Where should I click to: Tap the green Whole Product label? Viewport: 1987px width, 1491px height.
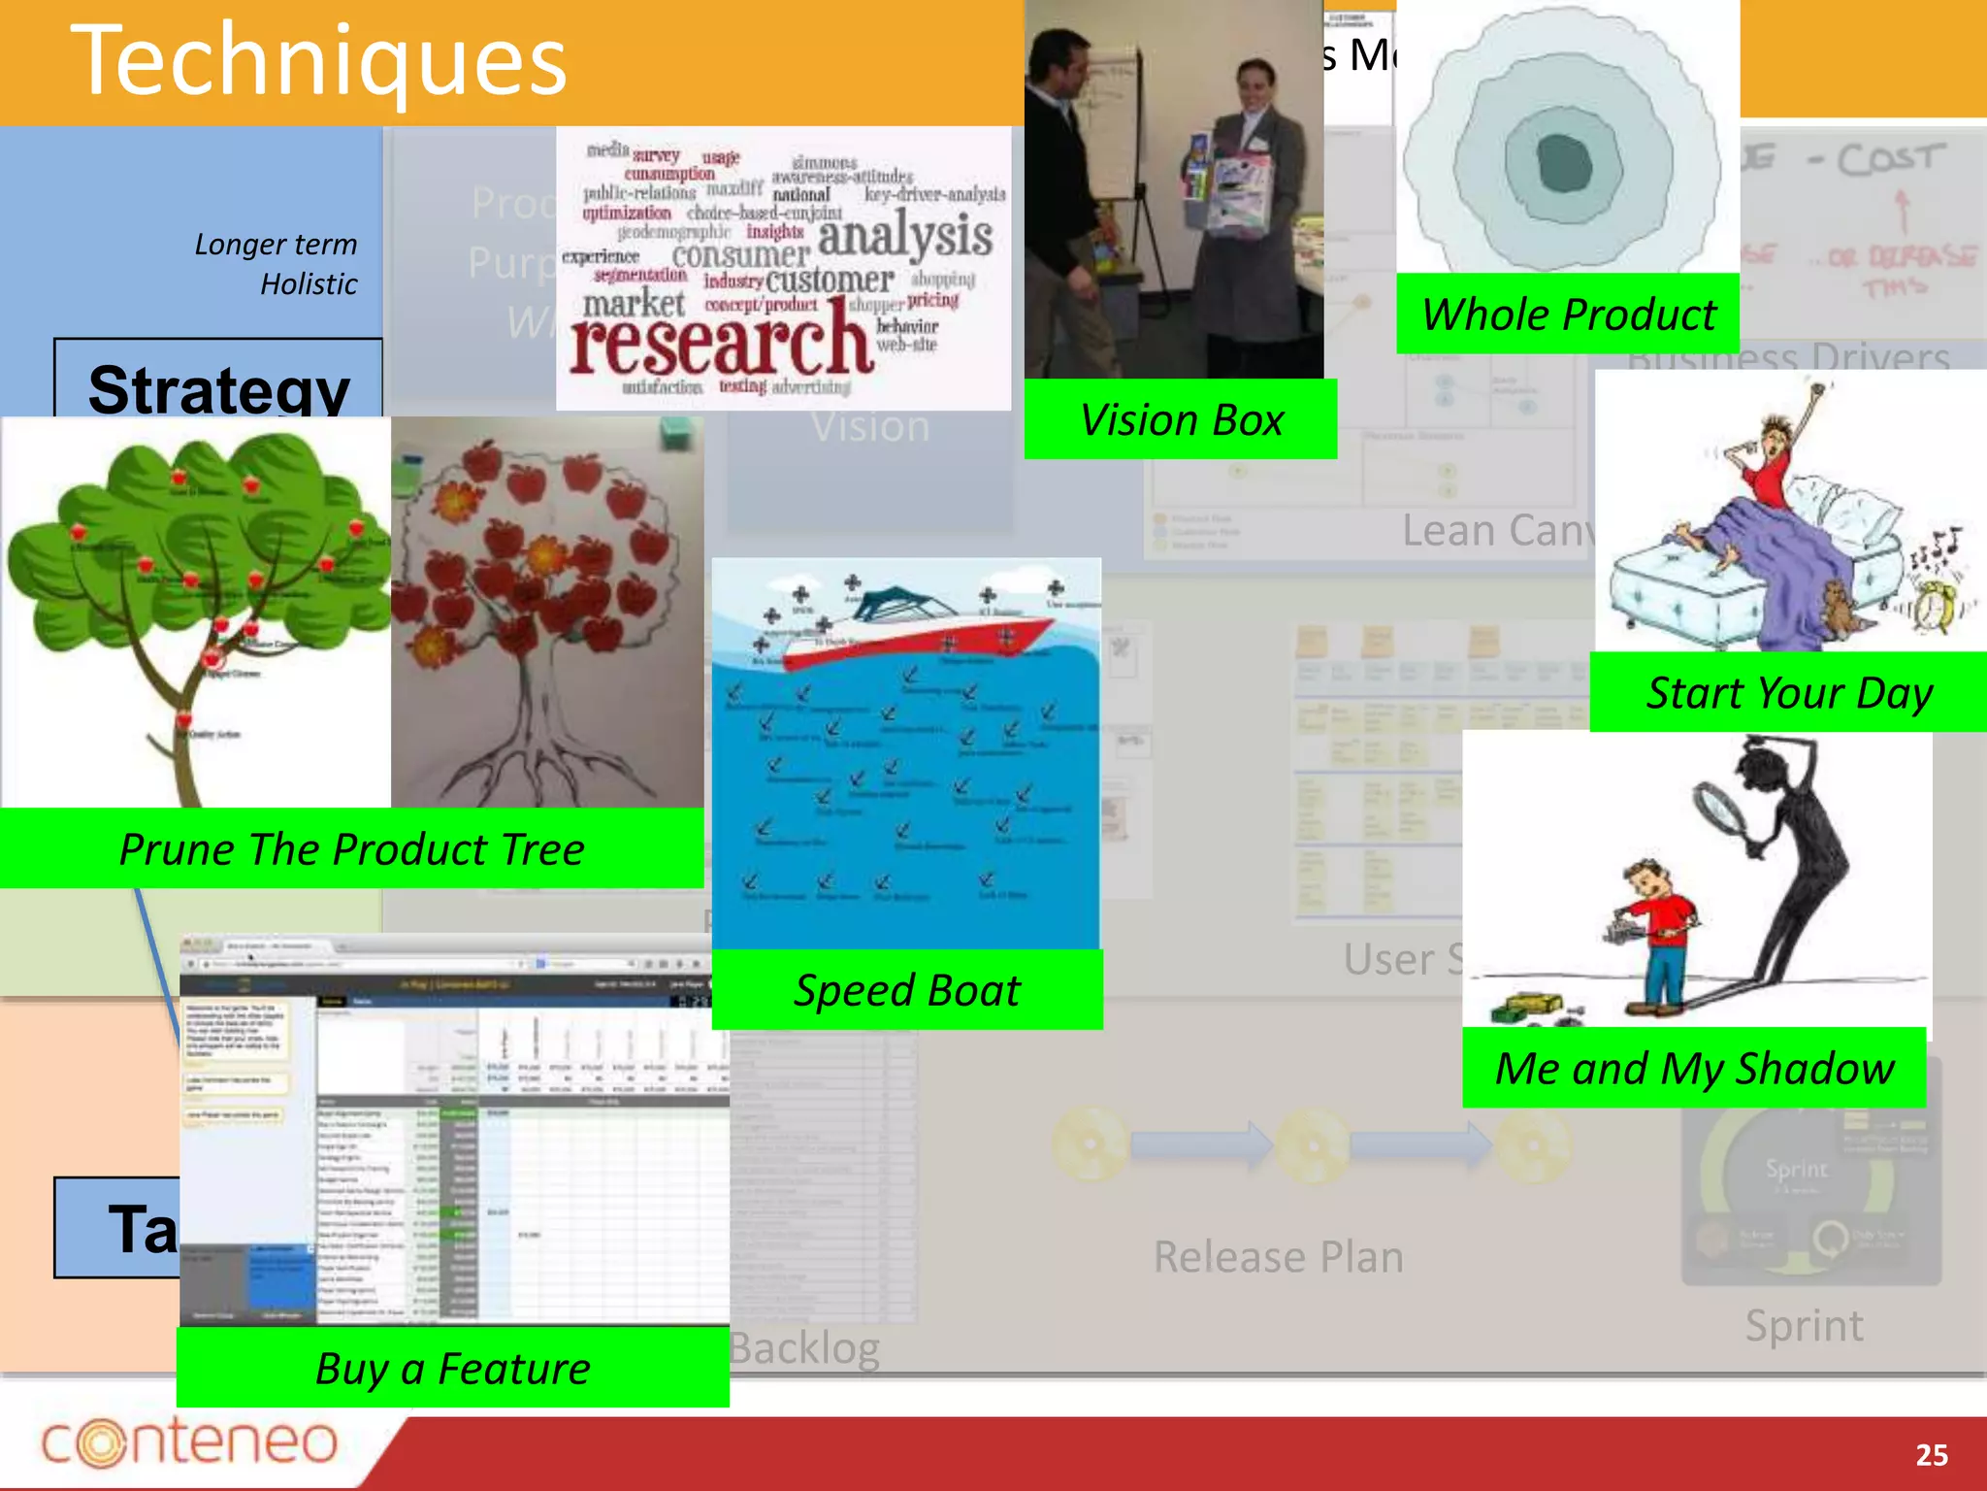1568,315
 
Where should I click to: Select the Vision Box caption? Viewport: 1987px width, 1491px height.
1181,419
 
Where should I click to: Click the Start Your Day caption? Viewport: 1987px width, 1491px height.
1788,693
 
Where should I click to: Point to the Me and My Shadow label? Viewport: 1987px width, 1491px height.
1694,1068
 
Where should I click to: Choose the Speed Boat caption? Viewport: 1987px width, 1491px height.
907,990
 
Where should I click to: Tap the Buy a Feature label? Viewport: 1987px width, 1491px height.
453,1368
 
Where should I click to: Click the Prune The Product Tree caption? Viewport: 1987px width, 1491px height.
351,849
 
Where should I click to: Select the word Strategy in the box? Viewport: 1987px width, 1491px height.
218,388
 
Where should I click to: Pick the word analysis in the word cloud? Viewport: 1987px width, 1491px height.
904,236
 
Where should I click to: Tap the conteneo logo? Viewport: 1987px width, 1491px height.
189,1441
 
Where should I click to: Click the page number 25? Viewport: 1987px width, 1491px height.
1931,1454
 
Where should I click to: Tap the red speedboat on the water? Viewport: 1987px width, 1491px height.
922,626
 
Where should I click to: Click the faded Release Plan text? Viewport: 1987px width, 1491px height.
1278,1257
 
